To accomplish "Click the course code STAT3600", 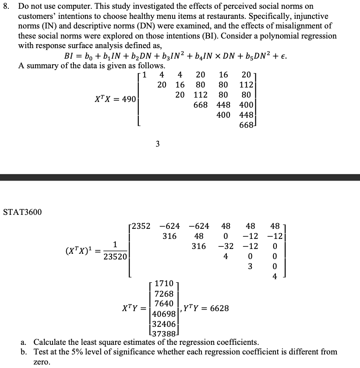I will click(22, 212).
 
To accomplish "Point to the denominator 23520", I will click(114, 257).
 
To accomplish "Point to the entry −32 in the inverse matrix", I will click(226, 246).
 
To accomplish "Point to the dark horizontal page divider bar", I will click(180, 177).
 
